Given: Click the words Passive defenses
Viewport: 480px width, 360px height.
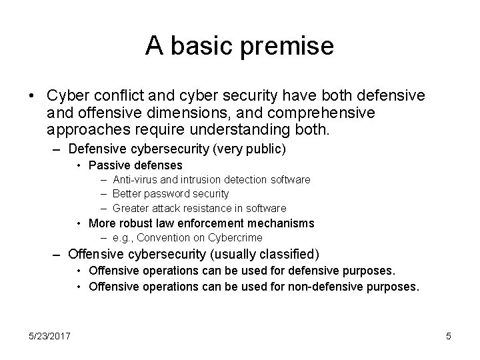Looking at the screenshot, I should [135, 165].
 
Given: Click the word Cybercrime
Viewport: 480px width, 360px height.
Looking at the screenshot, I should [237, 237].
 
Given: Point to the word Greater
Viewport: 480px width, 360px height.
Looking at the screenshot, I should [131, 208].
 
